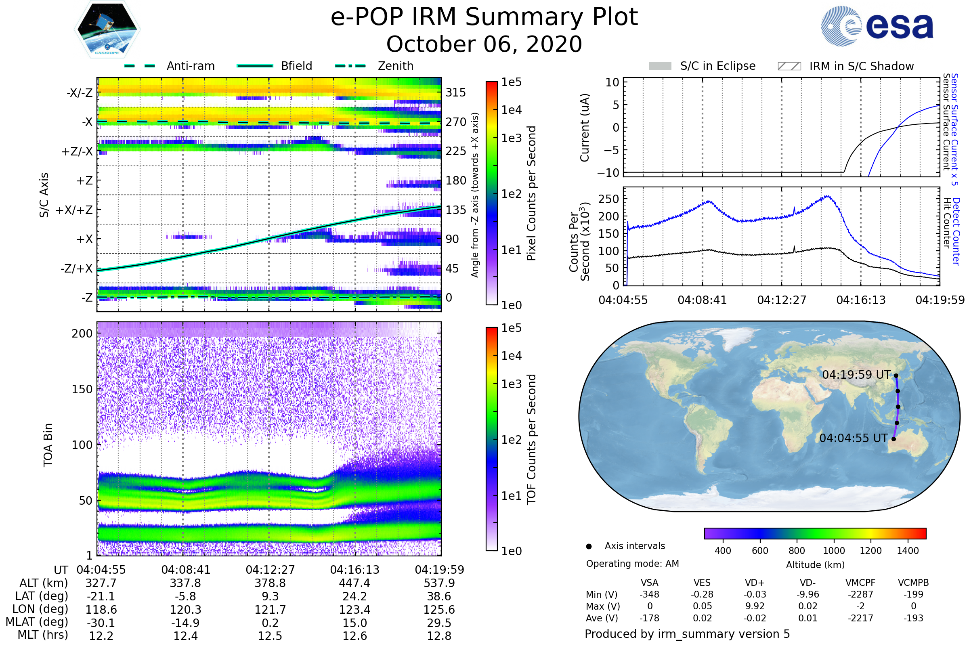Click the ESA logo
(877, 26)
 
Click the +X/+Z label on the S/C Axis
(74, 210)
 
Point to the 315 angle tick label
(455, 92)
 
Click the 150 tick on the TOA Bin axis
(82, 389)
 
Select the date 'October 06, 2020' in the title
(484, 44)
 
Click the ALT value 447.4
(355, 583)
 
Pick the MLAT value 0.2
(270, 623)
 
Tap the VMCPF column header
(860, 583)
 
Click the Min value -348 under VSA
(649, 594)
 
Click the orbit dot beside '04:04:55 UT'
(893, 439)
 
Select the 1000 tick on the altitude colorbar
(833, 551)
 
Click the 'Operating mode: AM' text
(632, 564)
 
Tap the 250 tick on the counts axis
(608, 199)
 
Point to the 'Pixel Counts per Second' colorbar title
(531, 193)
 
